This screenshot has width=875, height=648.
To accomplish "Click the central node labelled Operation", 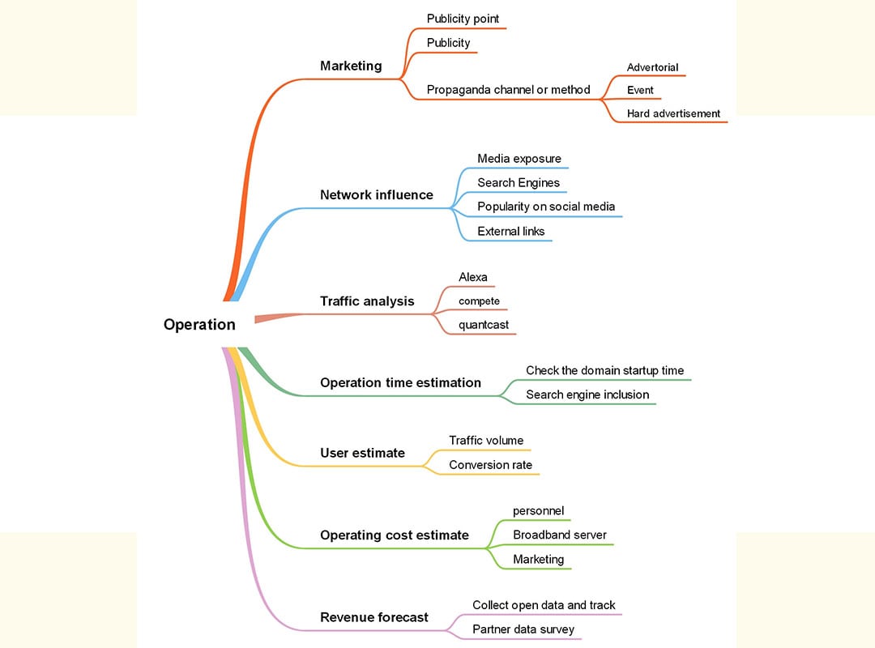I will click(x=199, y=325).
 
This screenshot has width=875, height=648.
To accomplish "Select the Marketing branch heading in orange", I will click(x=351, y=66).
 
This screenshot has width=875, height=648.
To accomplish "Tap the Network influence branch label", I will click(x=376, y=195).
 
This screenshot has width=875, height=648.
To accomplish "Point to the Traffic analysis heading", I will click(x=367, y=301).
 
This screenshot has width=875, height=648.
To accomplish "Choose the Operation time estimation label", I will click(x=400, y=383).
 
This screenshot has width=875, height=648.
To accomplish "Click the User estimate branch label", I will click(x=362, y=454).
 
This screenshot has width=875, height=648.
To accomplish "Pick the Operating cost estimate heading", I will click(x=394, y=535).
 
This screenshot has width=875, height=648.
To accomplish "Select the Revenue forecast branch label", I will click(x=373, y=617).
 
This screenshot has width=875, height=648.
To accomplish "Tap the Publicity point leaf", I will click(x=463, y=19).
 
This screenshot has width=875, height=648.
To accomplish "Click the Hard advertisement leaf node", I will click(x=673, y=114).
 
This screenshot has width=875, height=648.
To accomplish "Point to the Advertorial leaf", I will click(x=652, y=68).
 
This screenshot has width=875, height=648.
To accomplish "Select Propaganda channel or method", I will click(x=509, y=90).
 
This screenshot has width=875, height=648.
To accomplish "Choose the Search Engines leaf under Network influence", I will click(x=519, y=183).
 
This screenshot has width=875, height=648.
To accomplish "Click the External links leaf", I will click(x=510, y=232).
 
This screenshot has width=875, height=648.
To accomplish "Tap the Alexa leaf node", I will click(x=473, y=278).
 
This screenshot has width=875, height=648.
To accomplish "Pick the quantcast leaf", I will click(x=484, y=326).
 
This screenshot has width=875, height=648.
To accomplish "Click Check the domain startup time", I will click(x=604, y=371).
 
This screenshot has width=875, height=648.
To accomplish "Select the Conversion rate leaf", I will click(x=490, y=465).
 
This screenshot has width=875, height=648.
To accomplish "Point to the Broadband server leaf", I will click(x=560, y=535).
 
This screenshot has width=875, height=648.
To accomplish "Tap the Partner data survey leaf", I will click(x=523, y=629).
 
